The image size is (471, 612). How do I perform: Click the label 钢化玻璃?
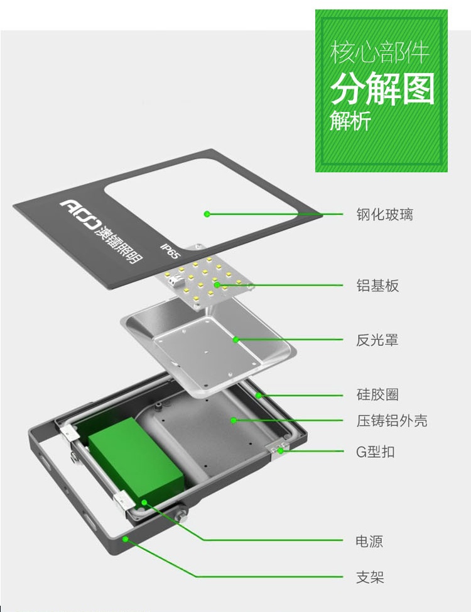[384, 214]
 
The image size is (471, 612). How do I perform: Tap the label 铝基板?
[377, 286]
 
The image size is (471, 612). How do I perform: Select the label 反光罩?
[377, 340]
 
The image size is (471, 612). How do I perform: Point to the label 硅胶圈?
[377, 394]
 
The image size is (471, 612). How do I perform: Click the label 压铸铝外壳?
[391, 421]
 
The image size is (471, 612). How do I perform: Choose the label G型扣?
[375, 452]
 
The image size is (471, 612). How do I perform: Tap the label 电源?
[369, 542]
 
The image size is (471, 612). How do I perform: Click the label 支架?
[370, 577]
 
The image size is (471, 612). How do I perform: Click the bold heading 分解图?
[382, 89]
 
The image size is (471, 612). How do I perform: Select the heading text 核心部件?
[379, 52]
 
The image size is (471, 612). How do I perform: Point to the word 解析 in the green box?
[350, 120]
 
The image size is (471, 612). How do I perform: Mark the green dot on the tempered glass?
[207, 214]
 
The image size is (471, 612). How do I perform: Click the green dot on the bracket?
[126, 539]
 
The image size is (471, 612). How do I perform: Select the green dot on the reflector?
[235, 340]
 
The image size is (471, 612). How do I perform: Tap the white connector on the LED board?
[174, 279]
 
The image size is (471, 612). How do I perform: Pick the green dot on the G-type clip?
[280, 451]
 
